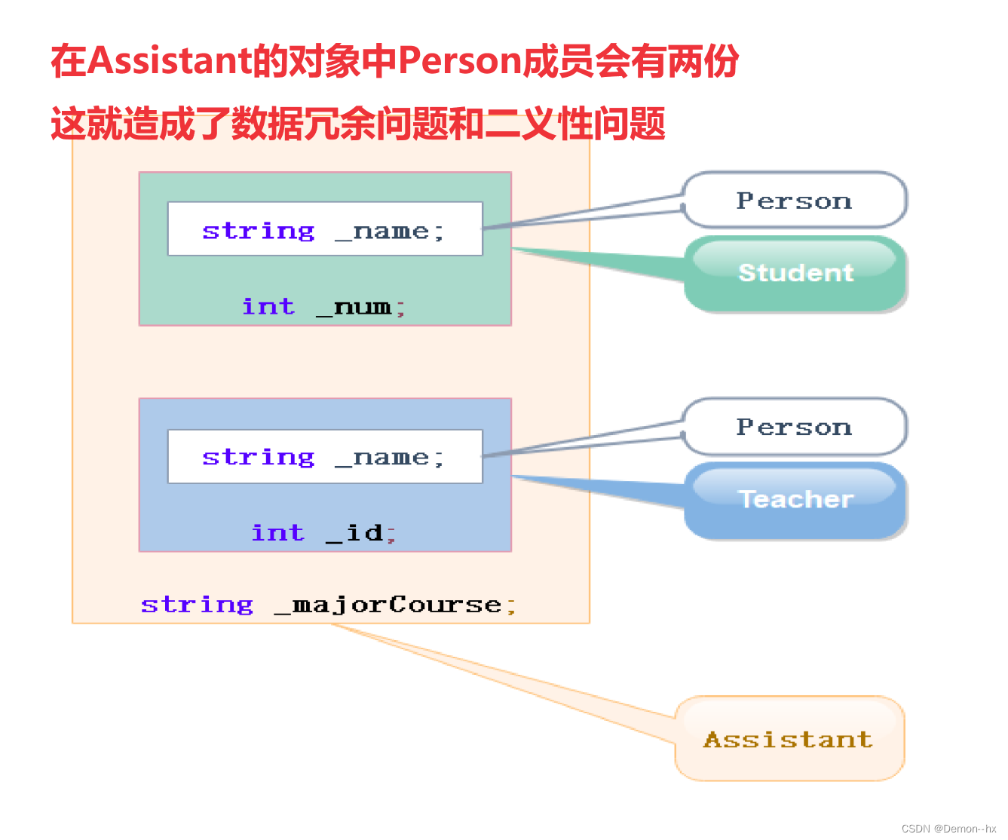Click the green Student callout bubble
pyautogui.click(x=795, y=273)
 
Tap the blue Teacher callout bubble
pyautogui.click(x=795, y=499)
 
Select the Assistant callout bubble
pyautogui.click(x=789, y=739)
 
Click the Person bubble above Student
pyautogui.click(x=794, y=201)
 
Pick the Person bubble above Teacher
pyautogui.click(x=794, y=427)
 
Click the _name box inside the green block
pyautogui.click(x=324, y=229)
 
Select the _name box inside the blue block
pyautogui.click(x=324, y=456)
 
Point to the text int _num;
pyautogui.click(x=324, y=307)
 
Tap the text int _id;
pyautogui.click(x=324, y=533)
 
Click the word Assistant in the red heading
pyautogui.click(x=170, y=61)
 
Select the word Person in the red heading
pyautogui.click(x=459, y=61)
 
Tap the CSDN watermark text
pyautogui.click(x=948, y=828)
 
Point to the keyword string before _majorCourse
pyautogui.click(x=198, y=605)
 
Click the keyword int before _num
pyautogui.click(x=268, y=307)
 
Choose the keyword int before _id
pyautogui.click(x=277, y=533)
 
